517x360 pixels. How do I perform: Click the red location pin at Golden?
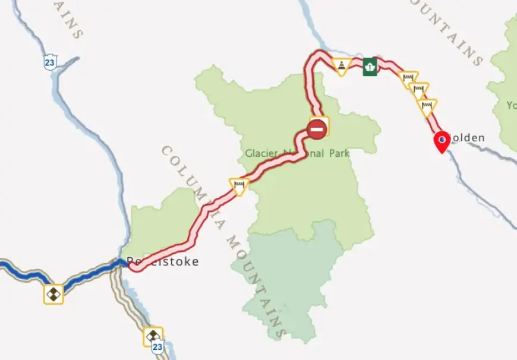click(x=442, y=142)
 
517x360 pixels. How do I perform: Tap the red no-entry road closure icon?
click(x=318, y=128)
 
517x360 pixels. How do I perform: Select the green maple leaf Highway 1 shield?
click(x=371, y=66)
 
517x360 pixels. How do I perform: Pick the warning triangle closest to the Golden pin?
click(x=427, y=106)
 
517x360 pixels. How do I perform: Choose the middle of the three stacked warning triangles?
click(x=419, y=90)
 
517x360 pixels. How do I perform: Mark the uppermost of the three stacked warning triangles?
click(x=409, y=78)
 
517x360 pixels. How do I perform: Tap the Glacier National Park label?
click(x=297, y=153)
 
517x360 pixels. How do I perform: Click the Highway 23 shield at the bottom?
click(x=157, y=348)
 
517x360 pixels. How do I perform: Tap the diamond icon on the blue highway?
click(x=53, y=293)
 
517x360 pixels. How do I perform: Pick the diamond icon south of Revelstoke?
click(x=153, y=336)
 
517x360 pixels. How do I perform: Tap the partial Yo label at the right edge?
click(x=512, y=106)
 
